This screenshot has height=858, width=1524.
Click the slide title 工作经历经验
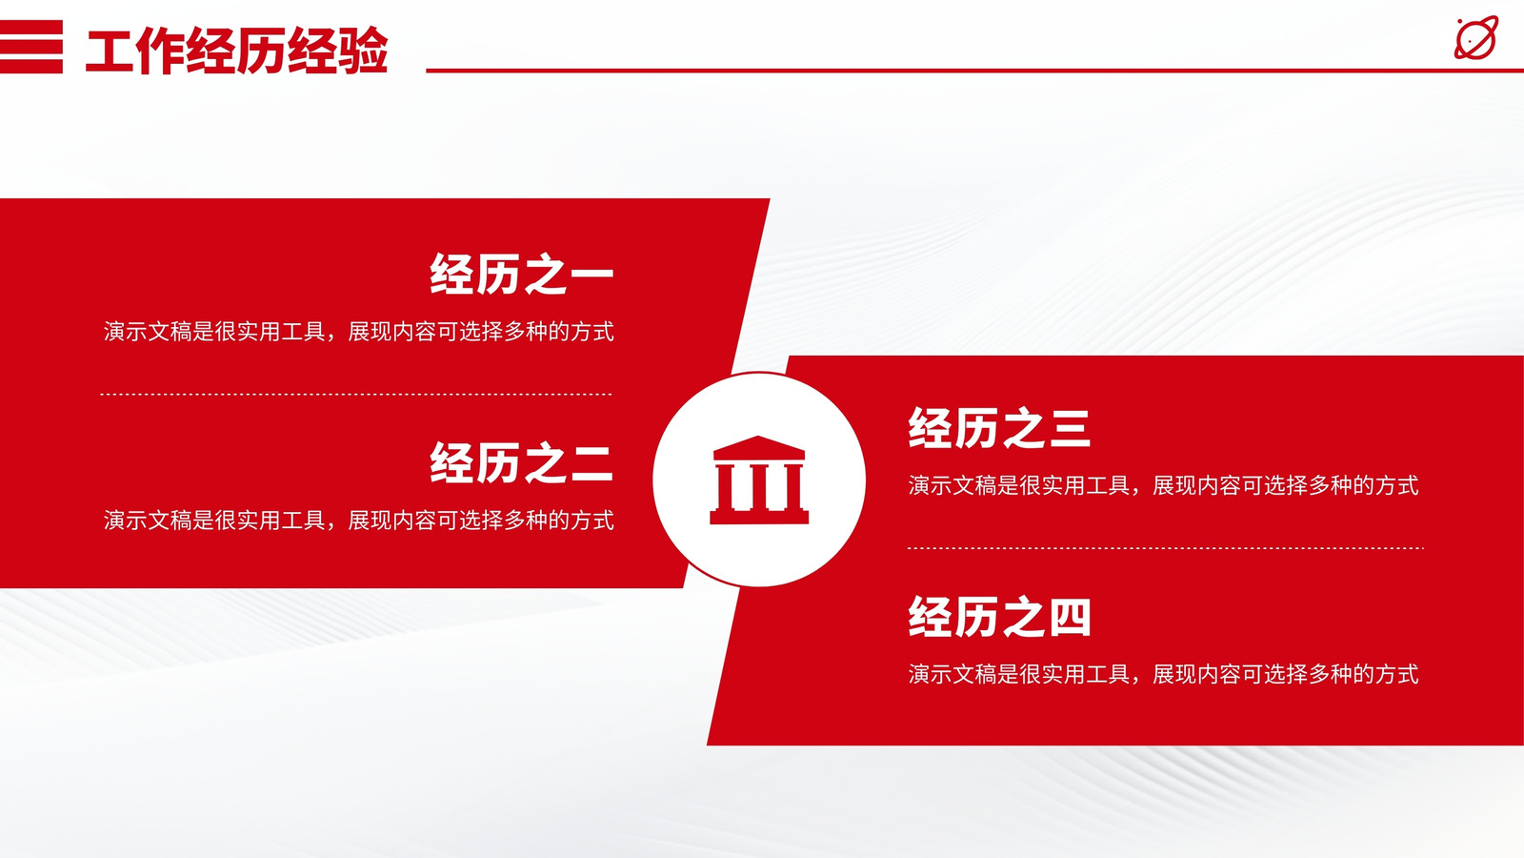pos(237,51)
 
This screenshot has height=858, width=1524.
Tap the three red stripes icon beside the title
pos(31,47)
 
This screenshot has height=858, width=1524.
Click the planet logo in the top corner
pos(1475,38)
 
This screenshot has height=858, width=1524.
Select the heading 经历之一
pos(522,274)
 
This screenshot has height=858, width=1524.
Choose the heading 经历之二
pos(522,462)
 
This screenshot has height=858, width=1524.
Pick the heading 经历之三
pos(999,428)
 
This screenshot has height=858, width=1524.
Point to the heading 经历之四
pos(999,616)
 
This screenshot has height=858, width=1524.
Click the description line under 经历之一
pos(358,332)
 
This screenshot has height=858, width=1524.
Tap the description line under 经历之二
pos(358,521)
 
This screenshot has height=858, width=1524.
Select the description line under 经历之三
pos(1163,485)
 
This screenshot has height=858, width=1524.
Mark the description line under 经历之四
pos(1163,674)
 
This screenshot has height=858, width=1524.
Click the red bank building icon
pos(759,480)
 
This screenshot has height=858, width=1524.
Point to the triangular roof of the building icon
pos(759,447)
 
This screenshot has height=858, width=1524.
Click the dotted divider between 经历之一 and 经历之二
pos(356,395)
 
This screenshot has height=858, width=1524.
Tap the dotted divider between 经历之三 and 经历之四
pos(1166,548)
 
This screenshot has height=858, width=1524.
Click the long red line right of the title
pos(975,71)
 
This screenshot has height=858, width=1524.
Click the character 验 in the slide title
pos(363,51)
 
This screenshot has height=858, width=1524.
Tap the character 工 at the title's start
pos(110,51)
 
